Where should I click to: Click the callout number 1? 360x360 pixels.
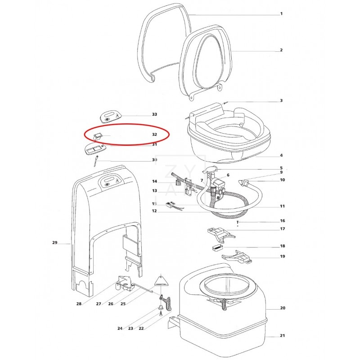click(x=281, y=13)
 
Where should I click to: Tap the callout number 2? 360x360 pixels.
click(x=281, y=50)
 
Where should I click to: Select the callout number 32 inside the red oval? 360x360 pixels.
click(x=154, y=134)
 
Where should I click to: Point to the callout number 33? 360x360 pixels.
click(x=154, y=115)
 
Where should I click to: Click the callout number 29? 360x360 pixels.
click(x=55, y=243)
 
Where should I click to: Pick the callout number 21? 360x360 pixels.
click(x=283, y=336)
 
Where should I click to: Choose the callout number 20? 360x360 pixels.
click(x=283, y=308)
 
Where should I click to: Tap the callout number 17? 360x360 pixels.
click(x=283, y=229)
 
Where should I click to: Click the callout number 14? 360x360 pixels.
click(x=154, y=182)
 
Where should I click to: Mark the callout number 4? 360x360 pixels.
click(x=281, y=156)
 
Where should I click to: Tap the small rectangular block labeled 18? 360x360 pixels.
click(x=216, y=247)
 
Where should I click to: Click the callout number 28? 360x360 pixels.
click(x=79, y=304)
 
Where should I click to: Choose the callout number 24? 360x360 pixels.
click(x=120, y=328)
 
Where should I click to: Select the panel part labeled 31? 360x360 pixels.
click(x=94, y=149)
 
